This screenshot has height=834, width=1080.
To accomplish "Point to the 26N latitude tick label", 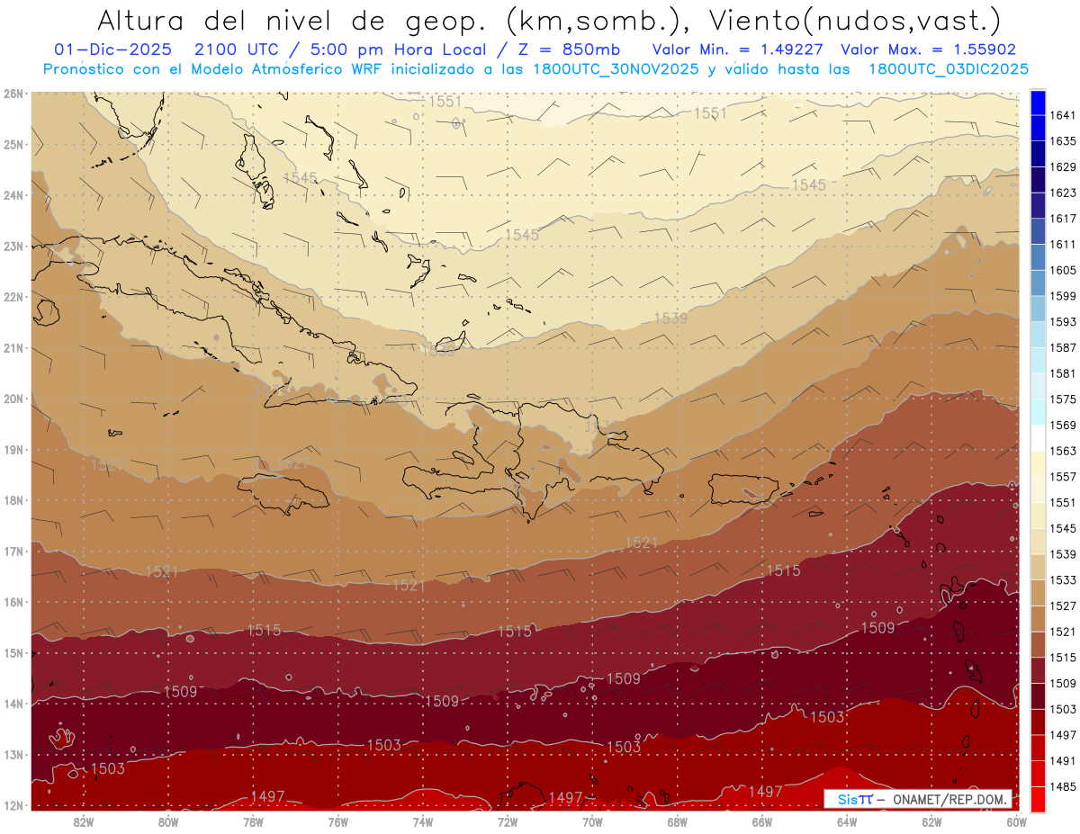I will click(x=13, y=93).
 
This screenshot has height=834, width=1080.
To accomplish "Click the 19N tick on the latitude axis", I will click(x=13, y=449).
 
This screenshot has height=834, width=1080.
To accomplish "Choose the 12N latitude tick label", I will click(x=13, y=805).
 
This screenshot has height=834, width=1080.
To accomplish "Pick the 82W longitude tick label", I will click(x=84, y=821).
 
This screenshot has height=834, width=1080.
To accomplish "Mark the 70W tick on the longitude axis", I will click(x=592, y=821).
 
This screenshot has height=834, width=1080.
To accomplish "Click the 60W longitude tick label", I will click(x=1016, y=821).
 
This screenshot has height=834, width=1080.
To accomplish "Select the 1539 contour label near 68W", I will click(x=670, y=318).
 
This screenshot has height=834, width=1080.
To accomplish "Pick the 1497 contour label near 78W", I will click(x=268, y=796).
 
